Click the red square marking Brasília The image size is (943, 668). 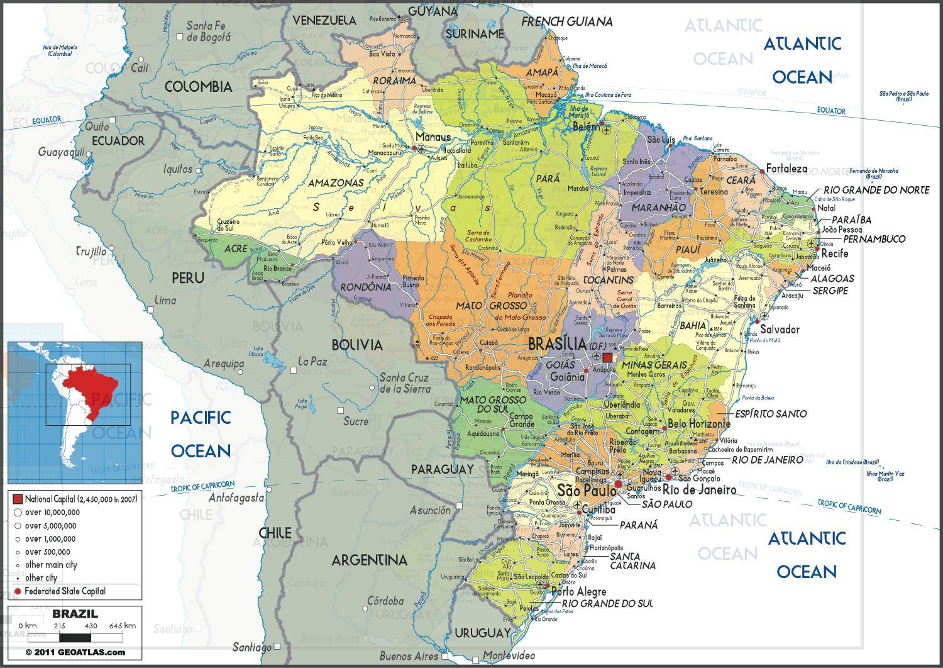[x=607, y=358]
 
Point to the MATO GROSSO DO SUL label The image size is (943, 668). [x=492, y=404]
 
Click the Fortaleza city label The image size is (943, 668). [x=786, y=169]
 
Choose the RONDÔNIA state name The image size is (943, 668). [x=366, y=287]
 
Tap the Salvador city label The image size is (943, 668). [x=780, y=330]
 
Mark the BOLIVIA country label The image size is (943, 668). [x=357, y=345]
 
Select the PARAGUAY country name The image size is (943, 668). [x=442, y=469]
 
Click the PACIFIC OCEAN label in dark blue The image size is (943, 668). [x=201, y=434]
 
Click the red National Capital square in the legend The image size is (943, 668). [x=18, y=499]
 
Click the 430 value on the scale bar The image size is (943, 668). [x=91, y=626]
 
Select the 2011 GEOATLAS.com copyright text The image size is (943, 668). [x=75, y=652]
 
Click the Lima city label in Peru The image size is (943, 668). [x=165, y=301]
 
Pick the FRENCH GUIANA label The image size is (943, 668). [x=566, y=22]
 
